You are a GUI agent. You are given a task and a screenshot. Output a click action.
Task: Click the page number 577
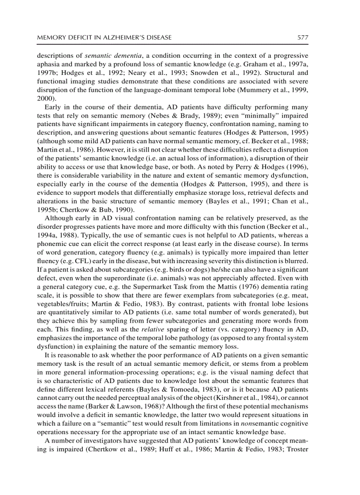302,37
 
